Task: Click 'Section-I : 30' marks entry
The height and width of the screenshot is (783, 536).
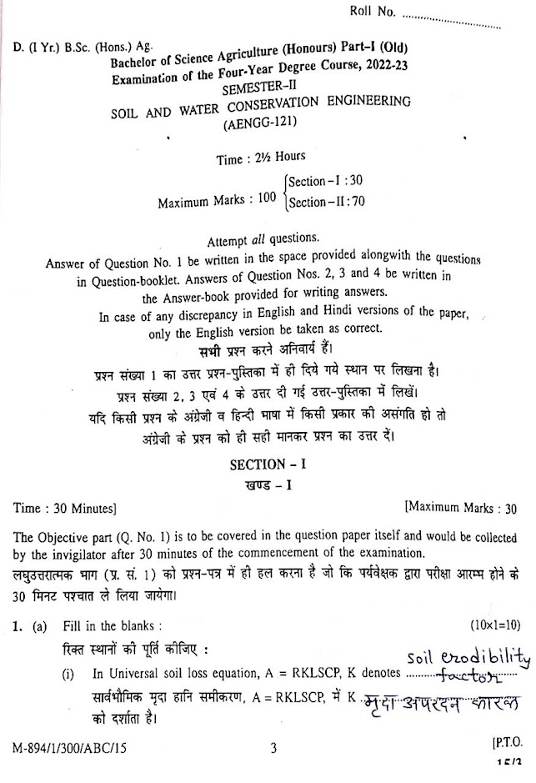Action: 325,180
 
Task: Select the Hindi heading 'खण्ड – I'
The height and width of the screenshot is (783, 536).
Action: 265,483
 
